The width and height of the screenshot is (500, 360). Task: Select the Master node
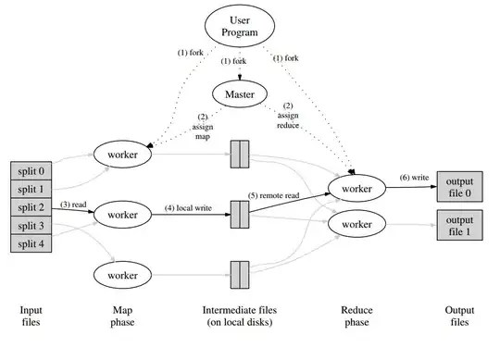click(x=240, y=93)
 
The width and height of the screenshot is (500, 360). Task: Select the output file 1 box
click(x=458, y=225)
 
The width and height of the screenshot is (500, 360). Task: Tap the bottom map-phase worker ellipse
click(x=122, y=274)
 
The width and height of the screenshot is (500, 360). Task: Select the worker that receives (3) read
click(x=122, y=215)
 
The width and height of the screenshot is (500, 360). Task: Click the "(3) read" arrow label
click(x=74, y=204)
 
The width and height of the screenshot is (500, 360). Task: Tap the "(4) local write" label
click(x=190, y=207)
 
